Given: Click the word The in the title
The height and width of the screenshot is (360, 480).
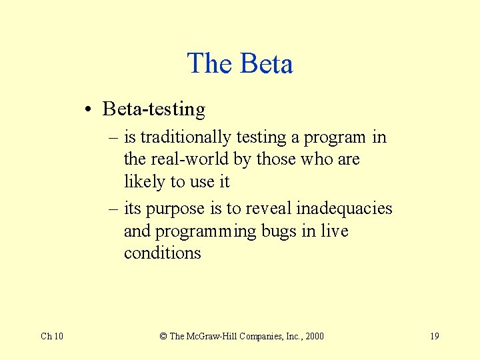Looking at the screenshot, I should click(209, 64).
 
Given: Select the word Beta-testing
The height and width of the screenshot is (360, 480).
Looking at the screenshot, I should click(154, 109).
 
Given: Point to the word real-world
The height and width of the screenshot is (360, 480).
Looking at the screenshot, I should click(190, 160).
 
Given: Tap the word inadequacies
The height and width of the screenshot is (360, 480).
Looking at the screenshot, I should click(344, 209).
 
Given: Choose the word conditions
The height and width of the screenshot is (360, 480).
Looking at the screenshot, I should click(162, 253).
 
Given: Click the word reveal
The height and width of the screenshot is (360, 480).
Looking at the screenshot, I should click(269, 209).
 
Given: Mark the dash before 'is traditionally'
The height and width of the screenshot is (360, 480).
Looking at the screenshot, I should click(114, 138).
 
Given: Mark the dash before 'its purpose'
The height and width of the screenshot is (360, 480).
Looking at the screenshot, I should click(114, 209).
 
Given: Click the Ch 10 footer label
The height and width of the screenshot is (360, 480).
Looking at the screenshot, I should click(52, 336).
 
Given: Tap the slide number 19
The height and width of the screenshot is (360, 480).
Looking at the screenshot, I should click(434, 336).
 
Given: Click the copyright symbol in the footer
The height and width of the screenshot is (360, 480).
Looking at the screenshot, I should click(163, 336).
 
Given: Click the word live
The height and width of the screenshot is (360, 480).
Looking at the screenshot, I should click(335, 231).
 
